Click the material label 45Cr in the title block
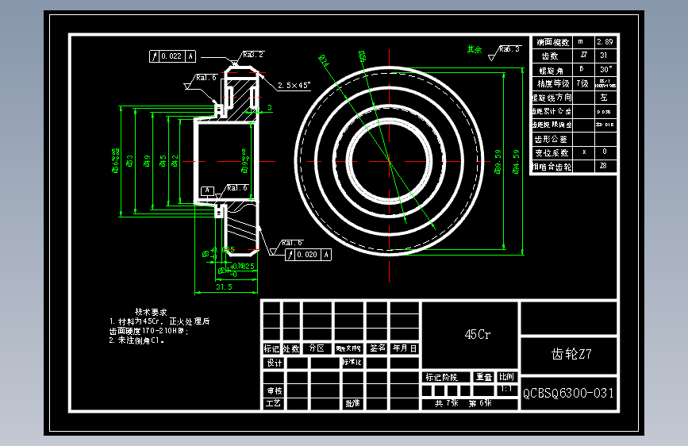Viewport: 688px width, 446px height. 477,335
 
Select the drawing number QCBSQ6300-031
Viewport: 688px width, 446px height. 568,393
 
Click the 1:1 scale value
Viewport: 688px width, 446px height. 505,390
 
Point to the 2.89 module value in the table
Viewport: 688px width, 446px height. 604,42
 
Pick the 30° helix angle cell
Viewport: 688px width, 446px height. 604,70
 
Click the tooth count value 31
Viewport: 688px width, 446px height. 604,56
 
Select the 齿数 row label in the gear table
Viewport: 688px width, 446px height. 550,56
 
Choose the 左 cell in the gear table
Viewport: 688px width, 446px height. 604,98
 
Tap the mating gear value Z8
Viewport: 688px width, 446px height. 604,167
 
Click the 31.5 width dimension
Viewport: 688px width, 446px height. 224,287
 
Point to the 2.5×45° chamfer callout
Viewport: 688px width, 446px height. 294,85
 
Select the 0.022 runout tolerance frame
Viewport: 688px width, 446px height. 173,56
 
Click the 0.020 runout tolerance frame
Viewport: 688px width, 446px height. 309,255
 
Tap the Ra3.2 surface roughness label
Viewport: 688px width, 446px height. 253,55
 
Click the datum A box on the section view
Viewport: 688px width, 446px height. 208,190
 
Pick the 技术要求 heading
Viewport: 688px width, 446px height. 151,312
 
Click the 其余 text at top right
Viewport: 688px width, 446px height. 475,49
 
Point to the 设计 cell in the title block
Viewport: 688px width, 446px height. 274,363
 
